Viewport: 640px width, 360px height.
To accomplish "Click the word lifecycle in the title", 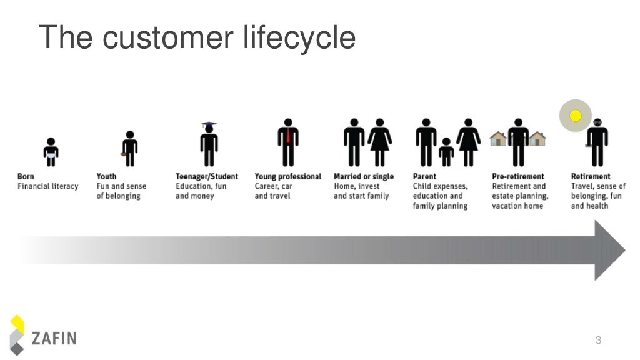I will [x=298, y=37].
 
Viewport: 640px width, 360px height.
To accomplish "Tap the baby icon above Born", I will [x=51, y=152].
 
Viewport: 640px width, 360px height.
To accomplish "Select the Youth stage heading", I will [x=106, y=176].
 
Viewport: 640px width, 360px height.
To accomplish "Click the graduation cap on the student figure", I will [x=209, y=126].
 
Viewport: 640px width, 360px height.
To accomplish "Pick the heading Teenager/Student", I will [x=206, y=176].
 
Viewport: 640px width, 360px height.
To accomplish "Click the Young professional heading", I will [x=287, y=176].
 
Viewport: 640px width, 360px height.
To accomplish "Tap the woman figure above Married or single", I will [x=379, y=142].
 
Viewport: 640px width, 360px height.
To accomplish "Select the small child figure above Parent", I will [x=446, y=152].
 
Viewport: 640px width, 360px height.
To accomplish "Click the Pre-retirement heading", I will [x=518, y=176].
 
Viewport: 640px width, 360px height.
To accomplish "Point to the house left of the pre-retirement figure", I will [x=498, y=138].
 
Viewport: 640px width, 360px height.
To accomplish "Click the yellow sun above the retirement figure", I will [x=576, y=116].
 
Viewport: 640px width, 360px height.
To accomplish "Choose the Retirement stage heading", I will [x=591, y=176].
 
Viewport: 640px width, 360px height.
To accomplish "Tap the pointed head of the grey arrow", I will [x=609, y=250].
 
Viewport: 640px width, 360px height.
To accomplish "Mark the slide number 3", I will [x=598, y=341].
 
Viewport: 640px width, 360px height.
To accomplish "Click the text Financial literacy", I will [x=48, y=186].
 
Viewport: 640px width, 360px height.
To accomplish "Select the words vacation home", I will [x=517, y=206].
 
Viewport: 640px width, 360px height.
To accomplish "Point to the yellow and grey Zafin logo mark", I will [x=18, y=335].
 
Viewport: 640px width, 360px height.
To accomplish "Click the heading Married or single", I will [x=364, y=176].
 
